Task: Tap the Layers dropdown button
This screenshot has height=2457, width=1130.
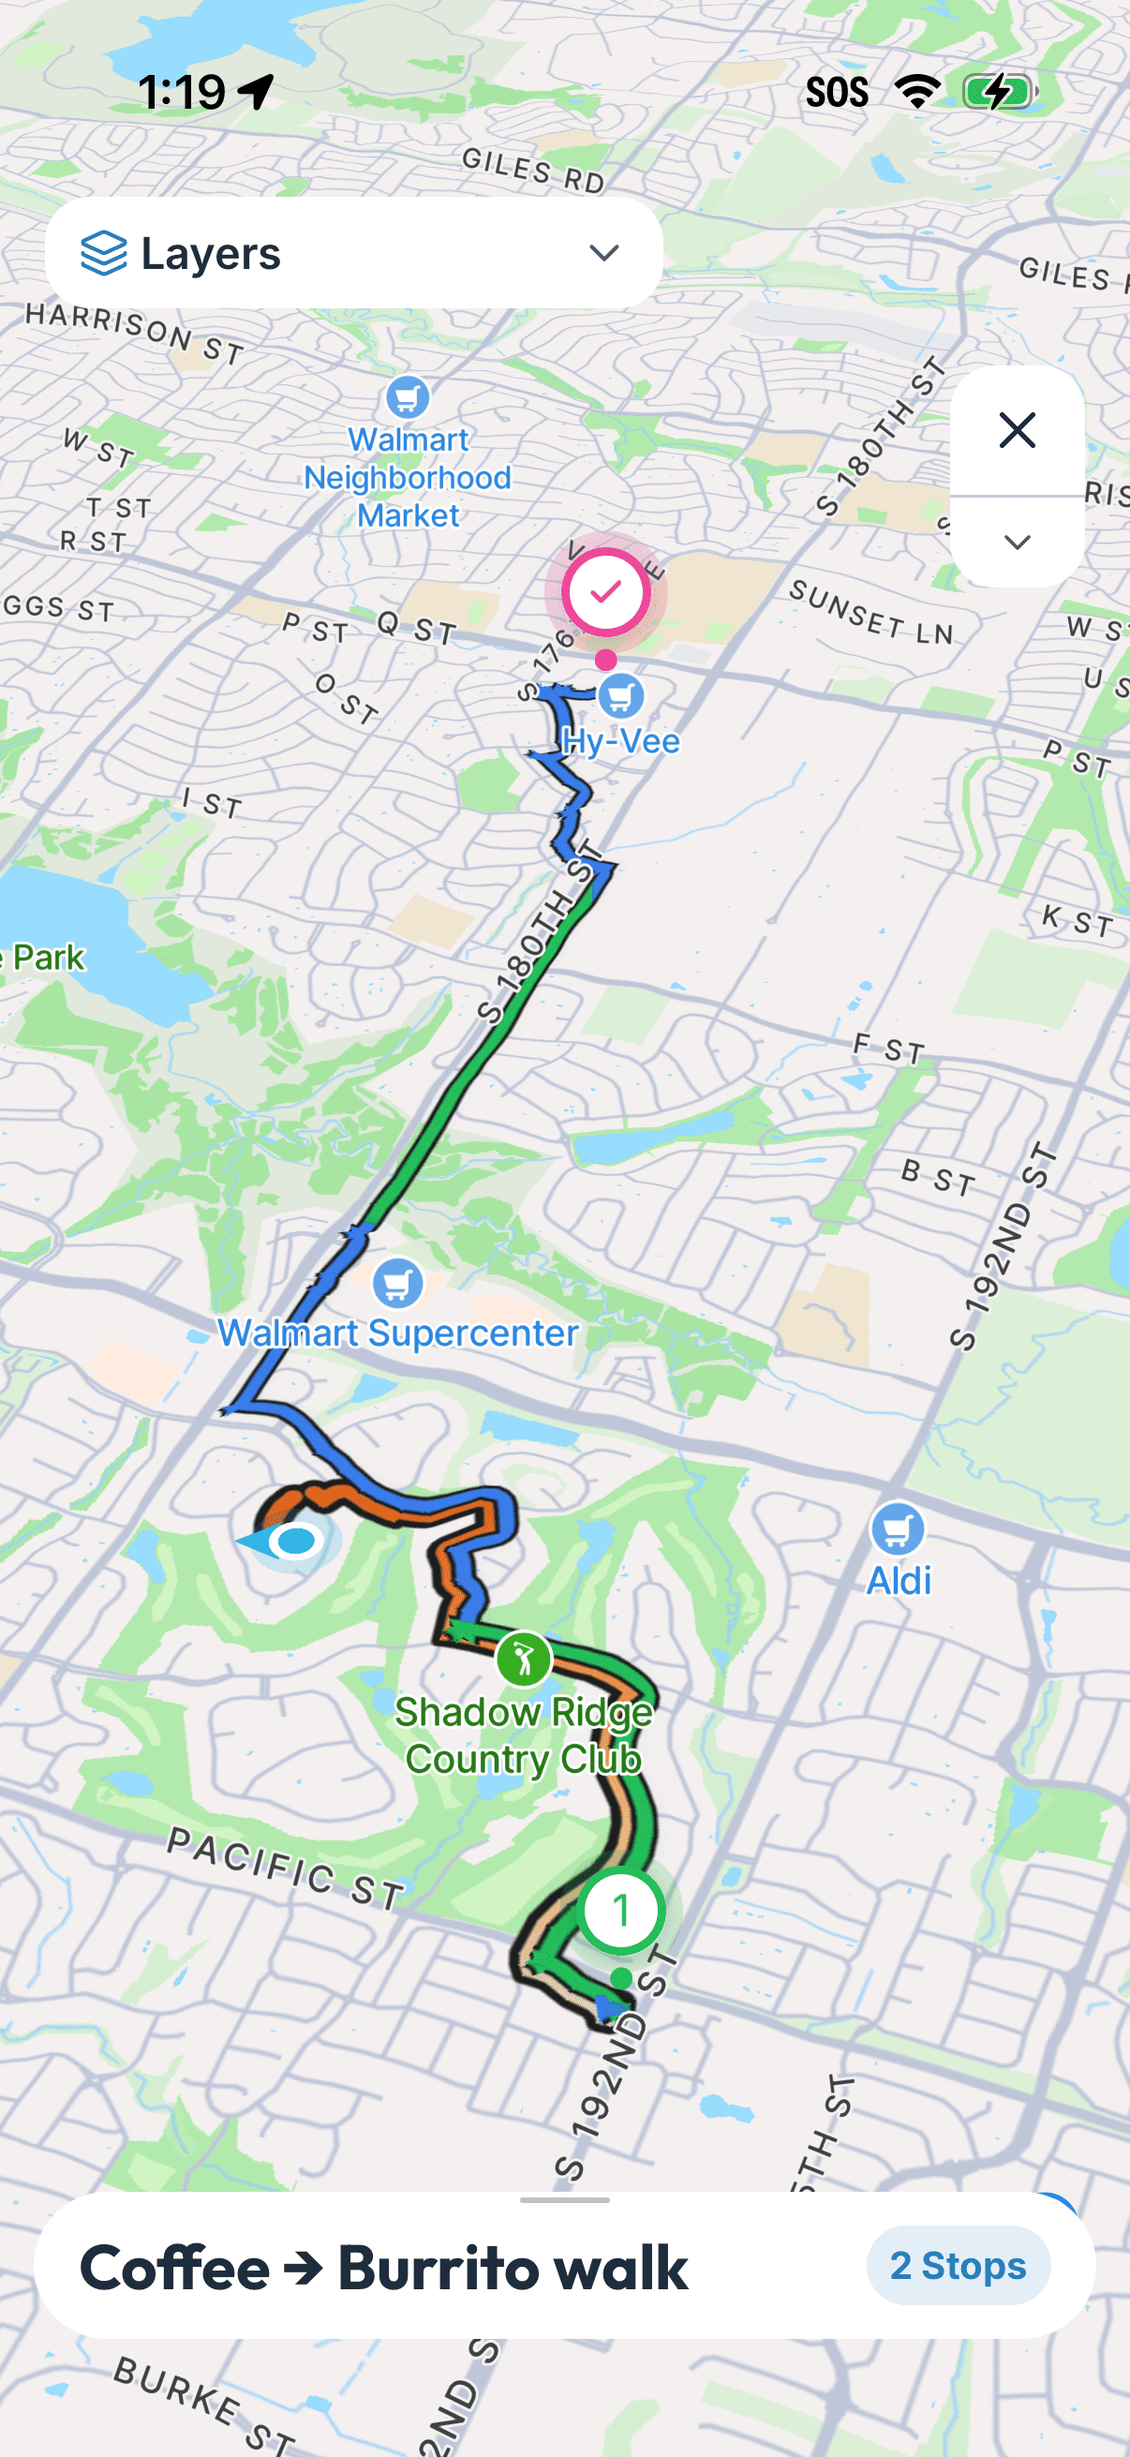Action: click(x=353, y=253)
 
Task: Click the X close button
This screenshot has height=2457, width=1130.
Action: click(x=1017, y=430)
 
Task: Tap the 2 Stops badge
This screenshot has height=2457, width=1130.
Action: click(x=958, y=2265)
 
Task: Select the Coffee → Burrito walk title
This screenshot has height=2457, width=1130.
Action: click(x=383, y=2267)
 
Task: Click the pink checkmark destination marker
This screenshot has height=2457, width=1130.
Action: click(x=605, y=592)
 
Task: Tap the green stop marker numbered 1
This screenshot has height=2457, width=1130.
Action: click(x=621, y=1911)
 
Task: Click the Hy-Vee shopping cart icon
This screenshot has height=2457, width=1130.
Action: click(x=621, y=696)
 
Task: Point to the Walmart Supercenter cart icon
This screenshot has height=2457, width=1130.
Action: click(x=397, y=1283)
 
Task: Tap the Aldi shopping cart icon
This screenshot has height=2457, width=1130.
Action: click(x=898, y=1530)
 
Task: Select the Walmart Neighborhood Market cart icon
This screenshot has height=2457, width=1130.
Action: click(x=408, y=396)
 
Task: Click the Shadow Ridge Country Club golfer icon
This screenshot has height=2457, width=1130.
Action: click(x=524, y=1660)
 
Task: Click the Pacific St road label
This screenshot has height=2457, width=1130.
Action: click(x=285, y=1869)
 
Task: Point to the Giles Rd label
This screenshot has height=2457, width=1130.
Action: click(x=533, y=170)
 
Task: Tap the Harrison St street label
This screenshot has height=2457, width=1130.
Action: click(x=134, y=332)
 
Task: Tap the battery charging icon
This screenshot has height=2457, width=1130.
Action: click(x=1000, y=93)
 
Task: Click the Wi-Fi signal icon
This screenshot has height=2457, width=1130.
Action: click(x=916, y=92)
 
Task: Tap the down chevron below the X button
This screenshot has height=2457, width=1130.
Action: click(x=1017, y=542)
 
